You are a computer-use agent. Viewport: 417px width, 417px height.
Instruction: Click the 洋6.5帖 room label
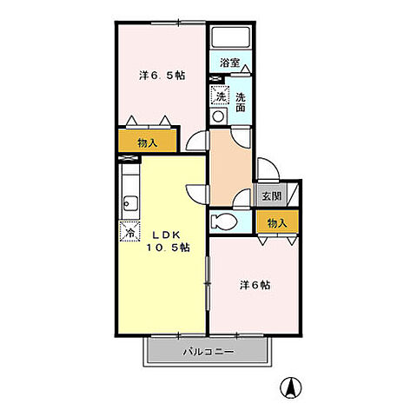pos(162,76)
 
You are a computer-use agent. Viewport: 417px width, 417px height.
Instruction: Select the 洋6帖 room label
pos(255,285)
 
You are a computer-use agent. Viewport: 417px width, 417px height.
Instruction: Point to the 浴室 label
pos(229,63)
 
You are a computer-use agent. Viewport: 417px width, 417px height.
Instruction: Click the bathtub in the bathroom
pos(230,37)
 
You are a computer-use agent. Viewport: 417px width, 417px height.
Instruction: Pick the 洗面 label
pos(241,103)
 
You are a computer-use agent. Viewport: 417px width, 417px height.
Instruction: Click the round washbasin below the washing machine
pos(218,116)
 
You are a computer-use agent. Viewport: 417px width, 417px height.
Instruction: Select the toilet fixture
pos(223,222)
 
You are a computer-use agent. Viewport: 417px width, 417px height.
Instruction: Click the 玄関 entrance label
pos(272,196)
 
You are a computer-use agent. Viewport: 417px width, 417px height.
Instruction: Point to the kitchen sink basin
pos(130,203)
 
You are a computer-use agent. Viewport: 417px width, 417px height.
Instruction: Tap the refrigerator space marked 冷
pos(130,231)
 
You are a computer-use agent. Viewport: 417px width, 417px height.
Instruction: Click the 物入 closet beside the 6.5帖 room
pos(148,141)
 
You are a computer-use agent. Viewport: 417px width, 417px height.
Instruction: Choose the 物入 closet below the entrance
pos(277,222)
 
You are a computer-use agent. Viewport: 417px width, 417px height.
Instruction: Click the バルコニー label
pos(208,352)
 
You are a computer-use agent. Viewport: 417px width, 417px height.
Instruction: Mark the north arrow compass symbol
pos(291,387)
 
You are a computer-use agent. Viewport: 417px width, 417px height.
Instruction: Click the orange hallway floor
pos(230,168)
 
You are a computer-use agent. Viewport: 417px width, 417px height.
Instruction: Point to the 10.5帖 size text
pos(168,248)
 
